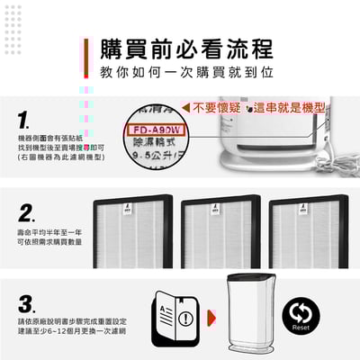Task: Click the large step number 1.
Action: [25, 120]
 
